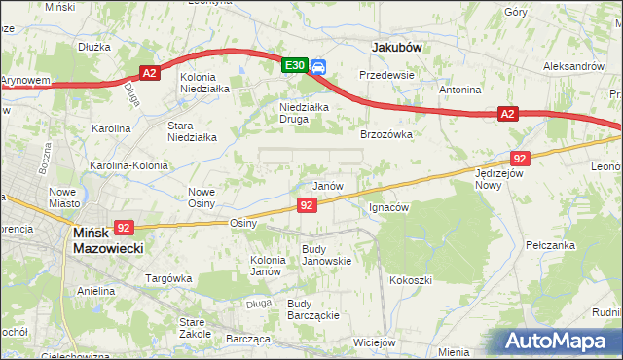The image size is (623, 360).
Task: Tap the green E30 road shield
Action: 295,65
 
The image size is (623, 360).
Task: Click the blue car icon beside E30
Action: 318,66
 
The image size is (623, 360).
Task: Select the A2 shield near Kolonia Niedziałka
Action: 149,73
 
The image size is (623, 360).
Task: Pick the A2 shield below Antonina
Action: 507,114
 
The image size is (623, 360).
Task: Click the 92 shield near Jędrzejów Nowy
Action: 520,158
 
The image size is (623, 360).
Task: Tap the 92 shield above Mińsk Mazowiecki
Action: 123,228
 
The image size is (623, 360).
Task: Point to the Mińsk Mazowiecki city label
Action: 108,240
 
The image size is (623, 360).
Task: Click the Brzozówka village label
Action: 386,134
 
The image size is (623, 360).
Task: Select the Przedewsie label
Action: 386,74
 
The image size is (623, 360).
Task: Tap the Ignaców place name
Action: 389,207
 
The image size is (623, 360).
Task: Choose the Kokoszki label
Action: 410,280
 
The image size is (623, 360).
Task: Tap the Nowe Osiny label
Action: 202,198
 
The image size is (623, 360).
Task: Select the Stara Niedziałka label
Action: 193,131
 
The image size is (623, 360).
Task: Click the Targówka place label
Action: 168,278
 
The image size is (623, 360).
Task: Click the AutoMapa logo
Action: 559,342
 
